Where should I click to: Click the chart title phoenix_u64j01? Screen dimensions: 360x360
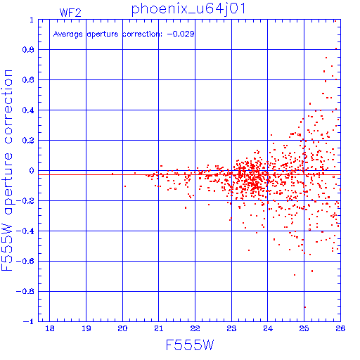tap(188, 9)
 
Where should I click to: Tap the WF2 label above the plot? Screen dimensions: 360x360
tap(70, 13)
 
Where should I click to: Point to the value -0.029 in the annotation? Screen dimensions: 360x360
tap(181, 34)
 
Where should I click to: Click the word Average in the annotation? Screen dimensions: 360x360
tap(67, 34)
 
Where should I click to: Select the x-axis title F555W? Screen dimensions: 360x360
tap(190, 345)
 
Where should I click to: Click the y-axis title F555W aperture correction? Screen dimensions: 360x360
tap(7, 170)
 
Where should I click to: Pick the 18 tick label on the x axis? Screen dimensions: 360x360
tap(50, 328)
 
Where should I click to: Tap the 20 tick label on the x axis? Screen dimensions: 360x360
tap(122, 328)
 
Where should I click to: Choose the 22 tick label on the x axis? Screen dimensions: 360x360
tap(195, 328)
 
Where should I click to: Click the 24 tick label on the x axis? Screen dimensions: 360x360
tap(268, 328)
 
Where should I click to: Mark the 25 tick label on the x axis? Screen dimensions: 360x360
tap(304, 328)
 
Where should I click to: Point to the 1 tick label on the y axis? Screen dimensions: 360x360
tap(32, 20)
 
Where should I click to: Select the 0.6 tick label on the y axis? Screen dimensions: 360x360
tap(28, 80)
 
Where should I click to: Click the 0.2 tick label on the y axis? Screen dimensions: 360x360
tap(28, 141)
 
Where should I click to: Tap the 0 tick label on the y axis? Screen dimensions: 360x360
tap(32, 171)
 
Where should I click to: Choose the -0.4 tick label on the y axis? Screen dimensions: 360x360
tap(25, 231)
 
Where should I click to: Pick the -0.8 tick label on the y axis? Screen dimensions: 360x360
tap(25, 292)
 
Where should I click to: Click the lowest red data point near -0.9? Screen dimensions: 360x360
tap(305, 307)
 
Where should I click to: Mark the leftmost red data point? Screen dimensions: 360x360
tap(112, 174)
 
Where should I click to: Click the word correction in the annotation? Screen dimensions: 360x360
tap(142, 34)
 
